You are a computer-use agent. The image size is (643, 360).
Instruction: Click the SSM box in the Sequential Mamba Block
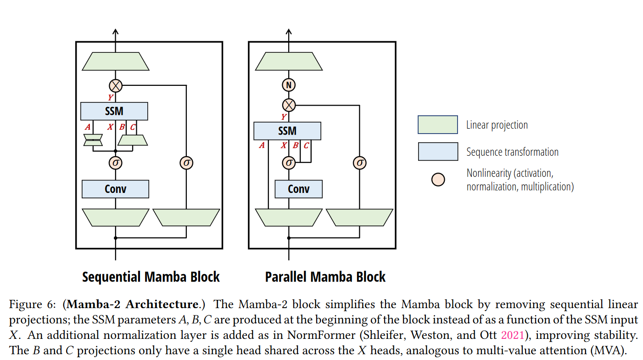(x=114, y=111)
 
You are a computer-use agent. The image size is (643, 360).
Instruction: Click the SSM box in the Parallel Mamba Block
(x=287, y=131)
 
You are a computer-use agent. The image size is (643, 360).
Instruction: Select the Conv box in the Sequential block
(x=115, y=189)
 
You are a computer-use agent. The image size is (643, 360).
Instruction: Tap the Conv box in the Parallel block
(x=298, y=189)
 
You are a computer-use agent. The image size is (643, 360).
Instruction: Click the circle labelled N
(x=289, y=85)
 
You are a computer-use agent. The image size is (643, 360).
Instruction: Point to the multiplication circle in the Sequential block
(x=115, y=85)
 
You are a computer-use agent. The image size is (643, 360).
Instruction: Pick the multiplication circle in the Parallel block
(x=289, y=105)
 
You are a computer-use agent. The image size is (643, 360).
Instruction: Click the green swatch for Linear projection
(x=437, y=124)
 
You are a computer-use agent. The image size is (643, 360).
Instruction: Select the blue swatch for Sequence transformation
(x=437, y=152)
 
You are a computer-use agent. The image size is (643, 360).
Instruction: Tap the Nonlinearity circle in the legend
(x=438, y=180)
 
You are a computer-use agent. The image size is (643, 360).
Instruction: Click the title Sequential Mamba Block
(x=151, y=277)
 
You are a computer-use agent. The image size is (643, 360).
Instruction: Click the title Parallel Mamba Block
(x=325, y=277)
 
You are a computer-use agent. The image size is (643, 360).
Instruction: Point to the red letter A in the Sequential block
(x=87, y=127)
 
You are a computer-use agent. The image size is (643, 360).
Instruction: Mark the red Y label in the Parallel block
(x=284, y=117)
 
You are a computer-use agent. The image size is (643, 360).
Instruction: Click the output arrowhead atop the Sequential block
(x=115, y=32)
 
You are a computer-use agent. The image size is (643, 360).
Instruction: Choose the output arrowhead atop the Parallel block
(x=289, y=32)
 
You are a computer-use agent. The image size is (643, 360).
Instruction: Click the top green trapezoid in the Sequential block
(x=115, y=62)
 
